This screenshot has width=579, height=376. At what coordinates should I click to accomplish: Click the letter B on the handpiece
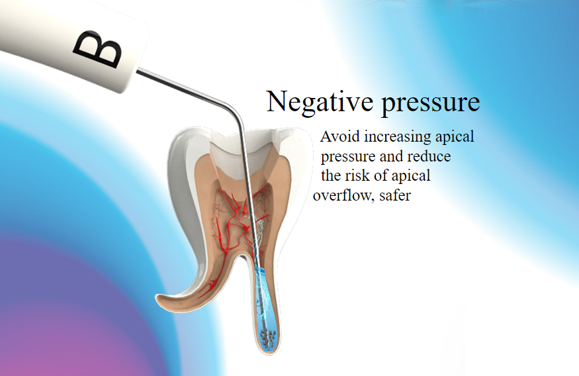[x=98, y=49]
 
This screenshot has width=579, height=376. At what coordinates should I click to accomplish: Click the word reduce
[x=429, y=157]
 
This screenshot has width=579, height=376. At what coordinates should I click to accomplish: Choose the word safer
[x=395, y=196]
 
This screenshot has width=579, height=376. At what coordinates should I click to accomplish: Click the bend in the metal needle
[x=235, y=110]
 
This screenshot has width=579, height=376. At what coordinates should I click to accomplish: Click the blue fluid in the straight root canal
[x=265, y=303]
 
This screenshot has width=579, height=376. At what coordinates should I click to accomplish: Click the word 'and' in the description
[x=392, y=157]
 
